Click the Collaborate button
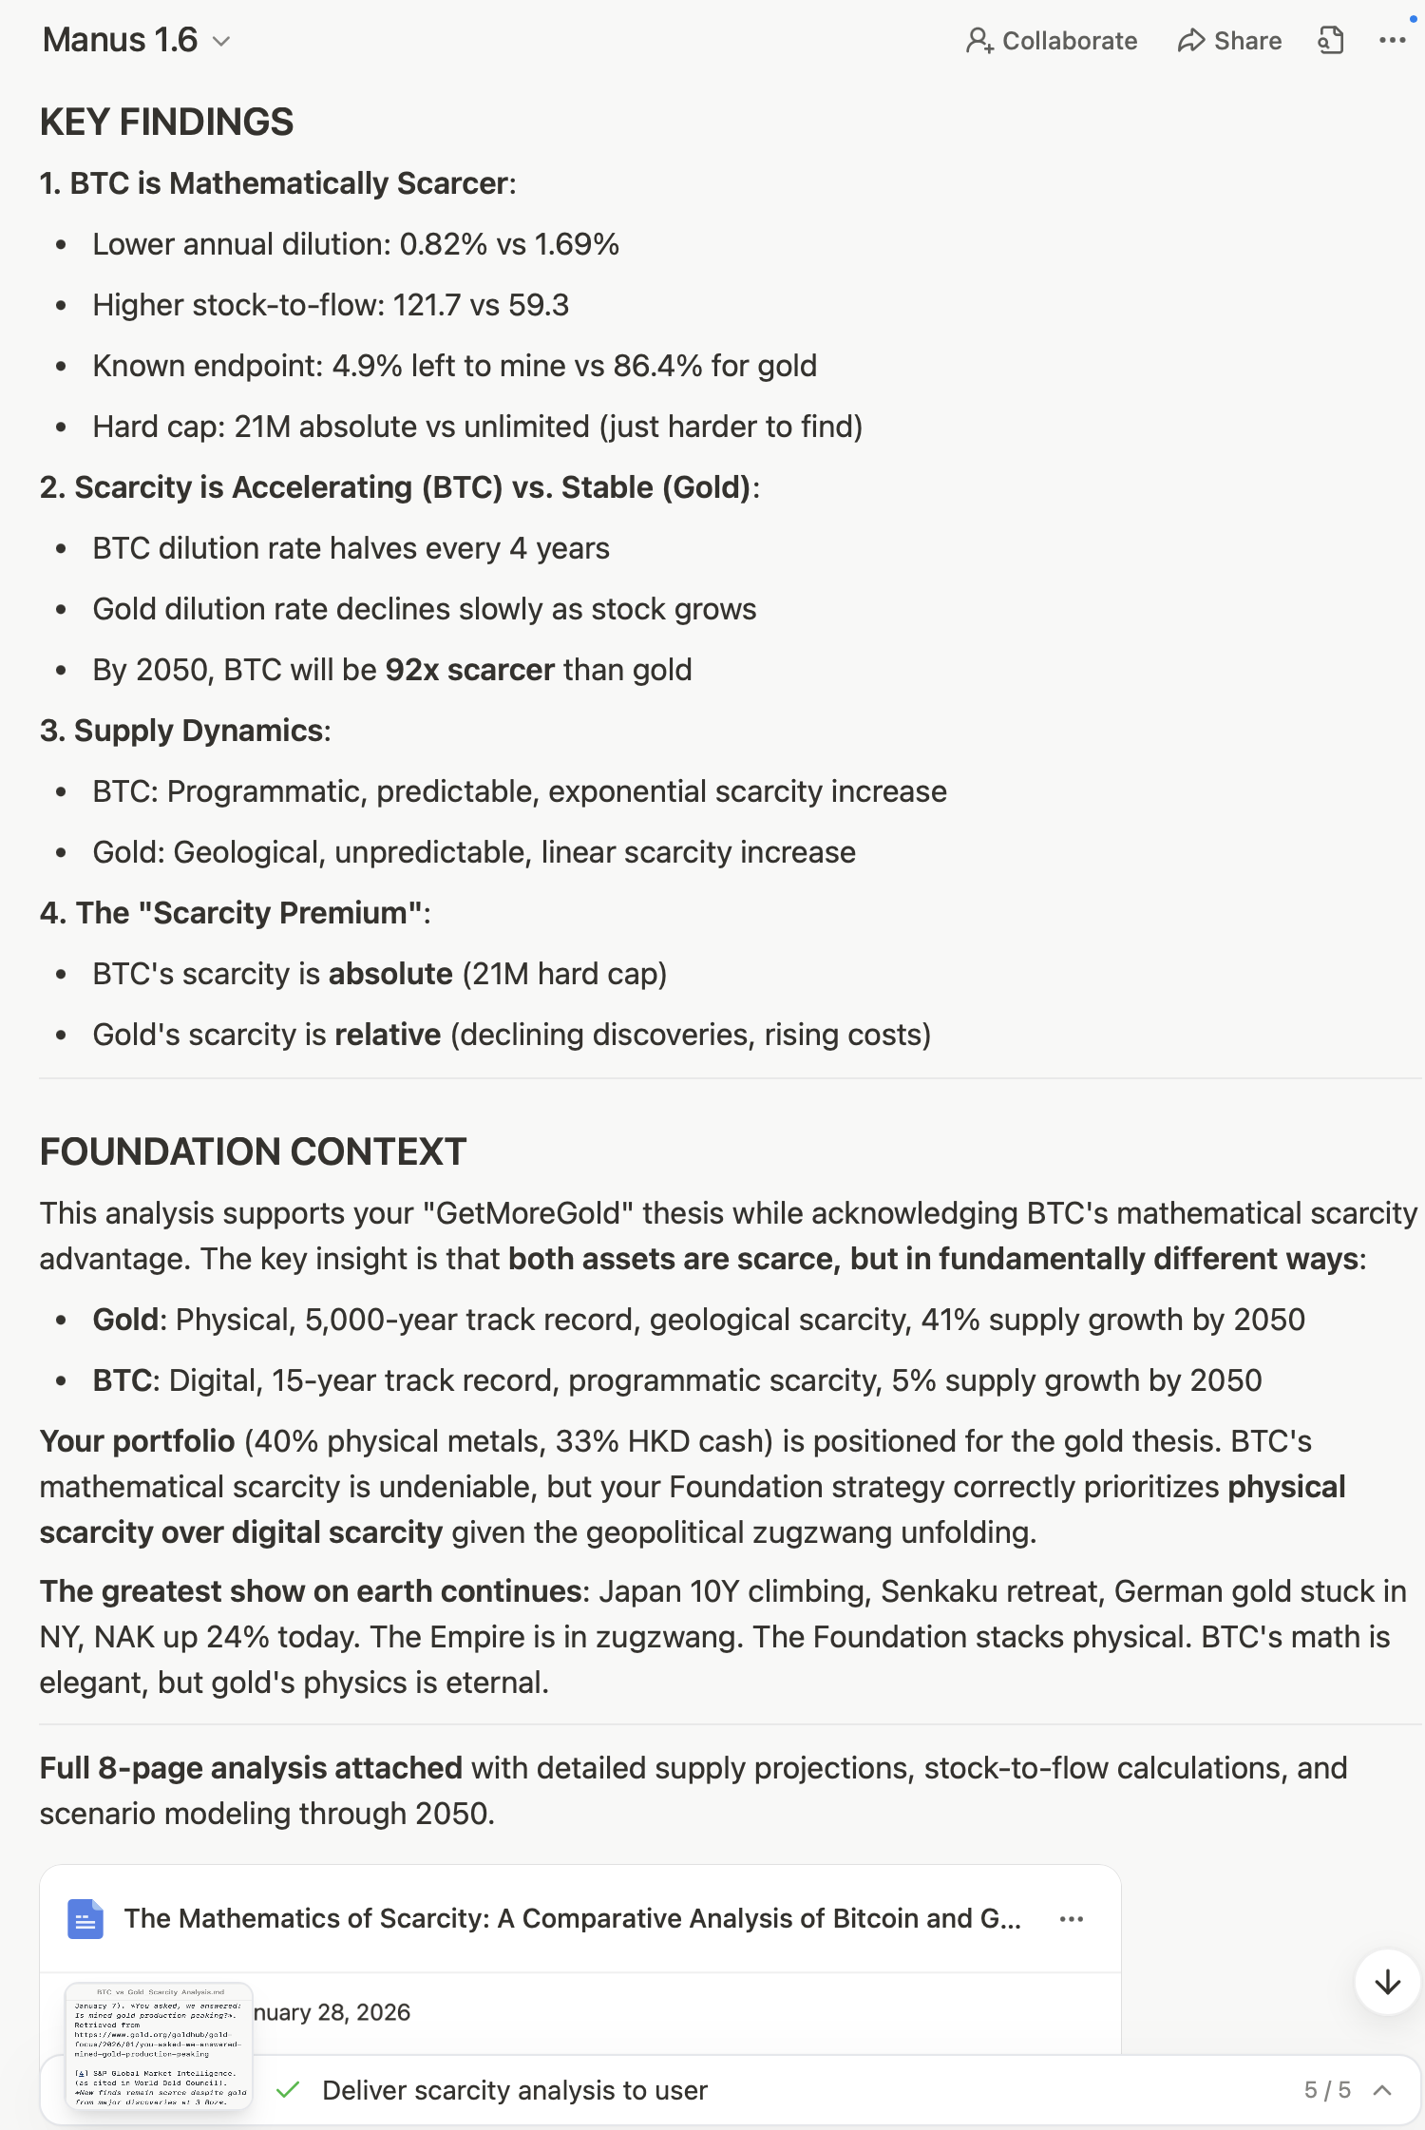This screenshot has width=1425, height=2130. [x=1052, y=41]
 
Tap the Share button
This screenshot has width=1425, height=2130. [x=1229, y=41]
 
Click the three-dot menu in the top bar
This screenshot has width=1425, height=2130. [x=1392, y=41]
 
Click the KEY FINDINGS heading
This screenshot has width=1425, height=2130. [x=166, y=123]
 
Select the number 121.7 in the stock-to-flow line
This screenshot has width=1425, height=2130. [x=427, y=305]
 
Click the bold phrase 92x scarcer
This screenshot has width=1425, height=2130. [x=469, y=670]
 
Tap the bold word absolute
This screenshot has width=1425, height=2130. [x=390, y=974]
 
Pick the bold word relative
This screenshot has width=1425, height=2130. [x=388, y=1035]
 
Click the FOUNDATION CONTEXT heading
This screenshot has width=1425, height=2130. [x=253, y=1152]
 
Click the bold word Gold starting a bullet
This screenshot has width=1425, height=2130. [x=124, y=1320]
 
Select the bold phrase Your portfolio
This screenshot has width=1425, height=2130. [x=137, y=1441]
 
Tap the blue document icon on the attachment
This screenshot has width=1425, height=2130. [x=85, y=1919]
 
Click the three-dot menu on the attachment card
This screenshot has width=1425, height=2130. [x=1072, y=1919]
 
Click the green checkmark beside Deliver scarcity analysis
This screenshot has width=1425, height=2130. [x=288, y=2090]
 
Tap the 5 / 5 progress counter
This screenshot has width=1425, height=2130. [x=1326, y=2090]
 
